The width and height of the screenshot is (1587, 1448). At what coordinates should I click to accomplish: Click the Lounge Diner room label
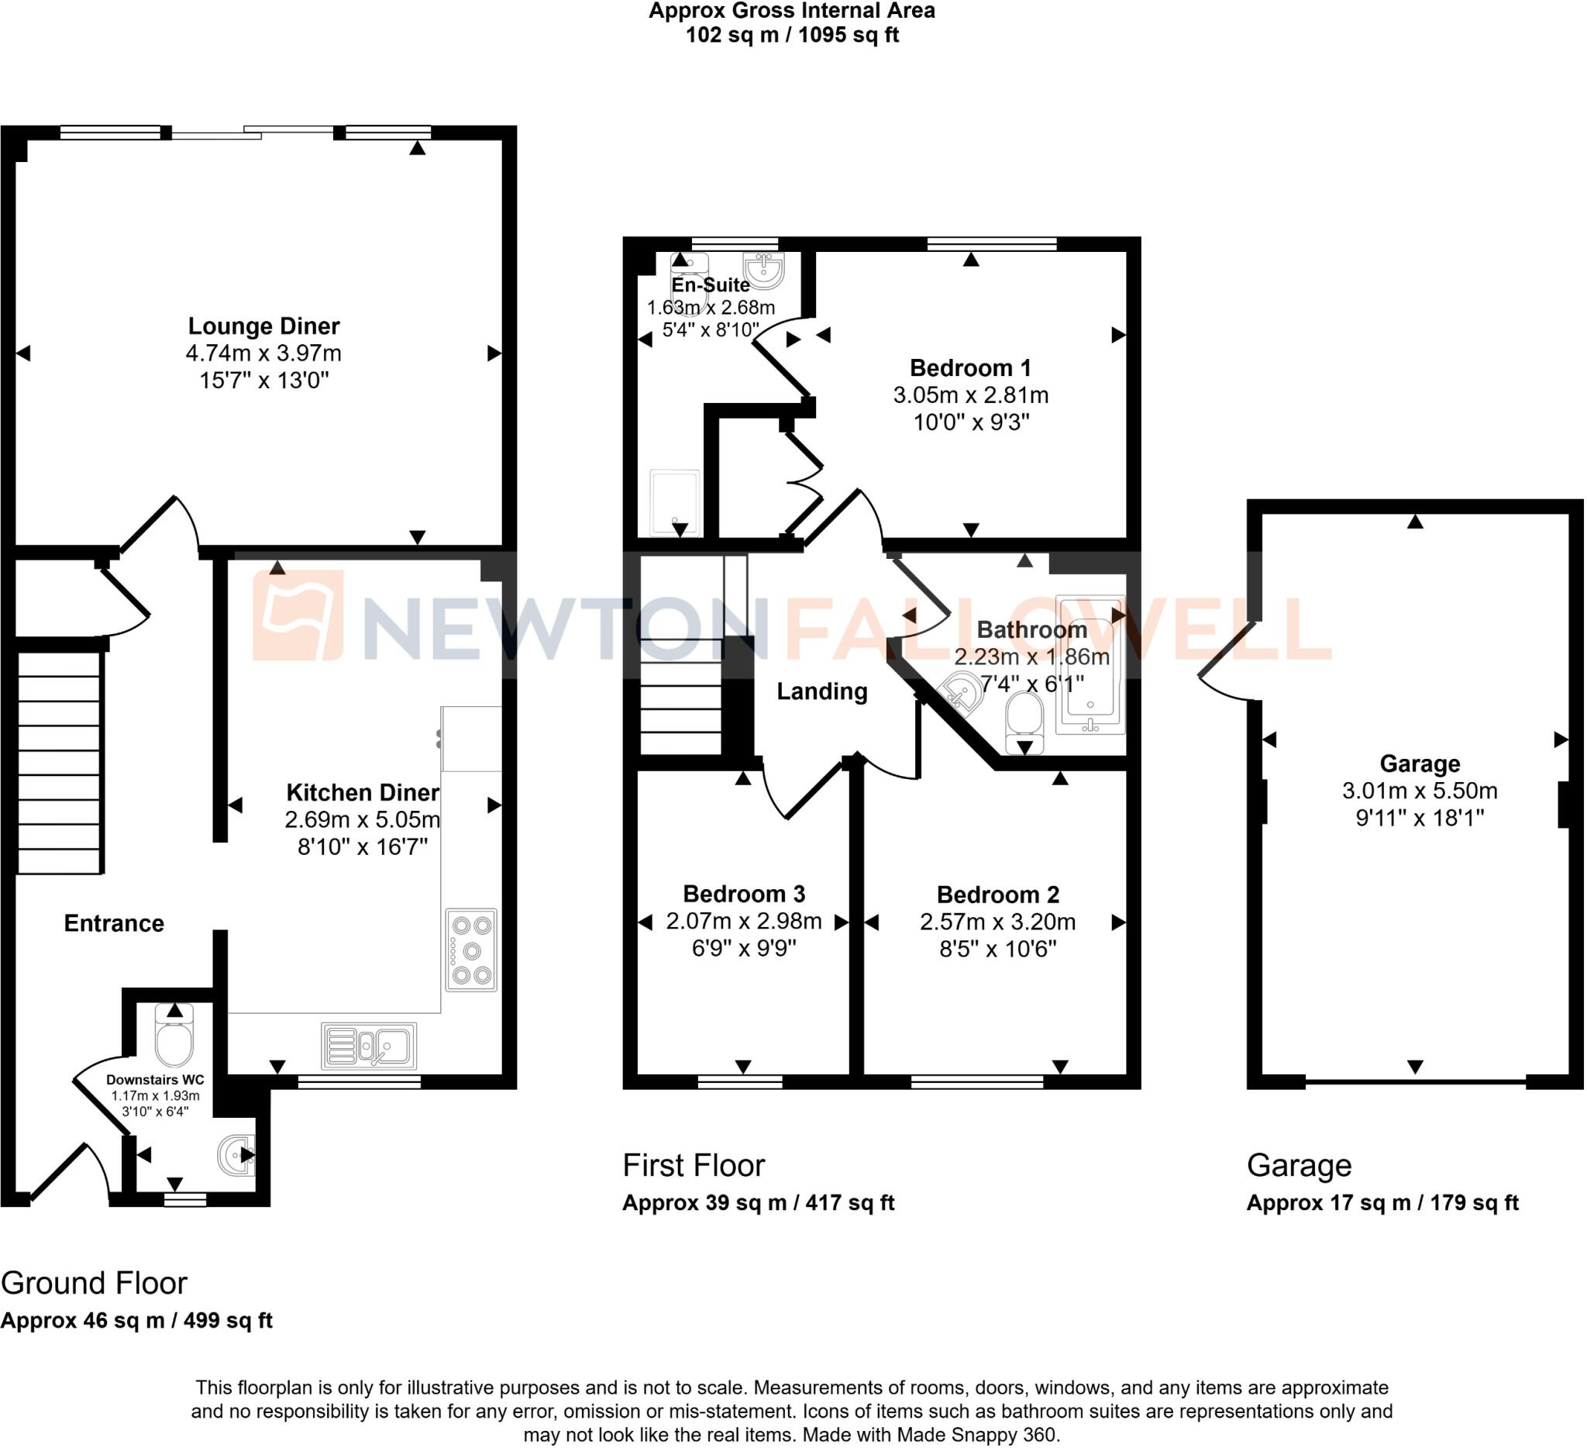(263, 326)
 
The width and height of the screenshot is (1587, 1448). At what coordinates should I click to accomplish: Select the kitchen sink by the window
(369, 1046)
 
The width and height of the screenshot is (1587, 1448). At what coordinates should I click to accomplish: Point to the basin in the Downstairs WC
(237, 1154)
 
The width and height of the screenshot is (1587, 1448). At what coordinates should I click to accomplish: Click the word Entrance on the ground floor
(114, 922)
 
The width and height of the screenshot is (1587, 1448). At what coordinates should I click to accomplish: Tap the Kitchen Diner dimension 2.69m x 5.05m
(362, 819)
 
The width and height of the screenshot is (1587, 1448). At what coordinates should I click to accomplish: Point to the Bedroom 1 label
(970, 367)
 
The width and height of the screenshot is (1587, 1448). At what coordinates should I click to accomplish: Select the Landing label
(822, 691)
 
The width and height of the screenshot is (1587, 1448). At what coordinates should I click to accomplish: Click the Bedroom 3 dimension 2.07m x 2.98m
(744, 921)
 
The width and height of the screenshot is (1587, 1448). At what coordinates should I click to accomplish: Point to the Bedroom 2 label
(997, 895)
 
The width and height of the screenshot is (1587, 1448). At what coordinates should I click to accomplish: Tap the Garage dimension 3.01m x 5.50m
(1420, 791)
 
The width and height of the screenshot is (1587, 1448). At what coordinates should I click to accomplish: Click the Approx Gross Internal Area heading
(791, 11)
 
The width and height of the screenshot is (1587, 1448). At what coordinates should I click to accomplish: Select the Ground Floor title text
(94, 1284)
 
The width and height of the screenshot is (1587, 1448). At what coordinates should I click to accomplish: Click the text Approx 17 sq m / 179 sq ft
(1382, 1202)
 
